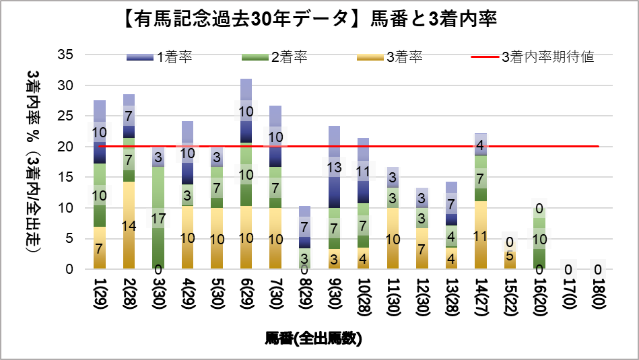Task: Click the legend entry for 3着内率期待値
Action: click(532, 57)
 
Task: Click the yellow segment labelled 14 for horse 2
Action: click(129, 225)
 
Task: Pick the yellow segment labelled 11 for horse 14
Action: click(480, 236)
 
